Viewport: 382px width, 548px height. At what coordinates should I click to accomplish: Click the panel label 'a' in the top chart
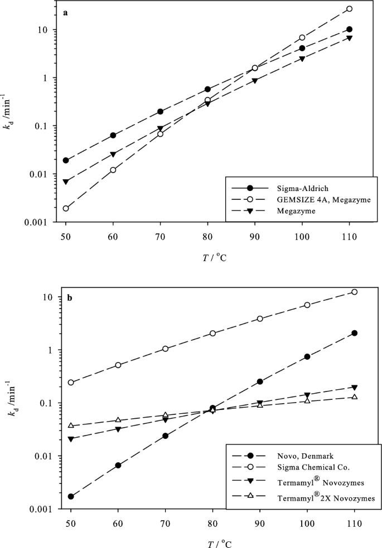tap(66, 13)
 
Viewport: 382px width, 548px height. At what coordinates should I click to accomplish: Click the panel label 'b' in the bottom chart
tap(69, 298)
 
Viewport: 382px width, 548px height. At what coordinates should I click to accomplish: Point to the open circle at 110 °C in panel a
tap(350, 9)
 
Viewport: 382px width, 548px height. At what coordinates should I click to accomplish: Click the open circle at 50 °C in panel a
tap(66, 208)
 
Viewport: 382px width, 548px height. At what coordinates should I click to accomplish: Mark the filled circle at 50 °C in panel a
tap(66, 160)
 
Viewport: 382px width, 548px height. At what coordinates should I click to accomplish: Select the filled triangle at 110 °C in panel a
tap(350, 38)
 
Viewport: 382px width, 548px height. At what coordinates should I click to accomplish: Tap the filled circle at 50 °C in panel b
tap(71, 496)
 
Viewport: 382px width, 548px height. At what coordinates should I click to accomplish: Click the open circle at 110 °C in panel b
tap(354, 292)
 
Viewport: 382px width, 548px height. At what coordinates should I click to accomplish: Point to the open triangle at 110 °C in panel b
tap(354, 397)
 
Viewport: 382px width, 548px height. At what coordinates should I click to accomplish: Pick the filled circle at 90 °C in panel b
tap(260, 381)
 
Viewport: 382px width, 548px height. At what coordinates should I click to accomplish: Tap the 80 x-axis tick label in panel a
tap(207, 236)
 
